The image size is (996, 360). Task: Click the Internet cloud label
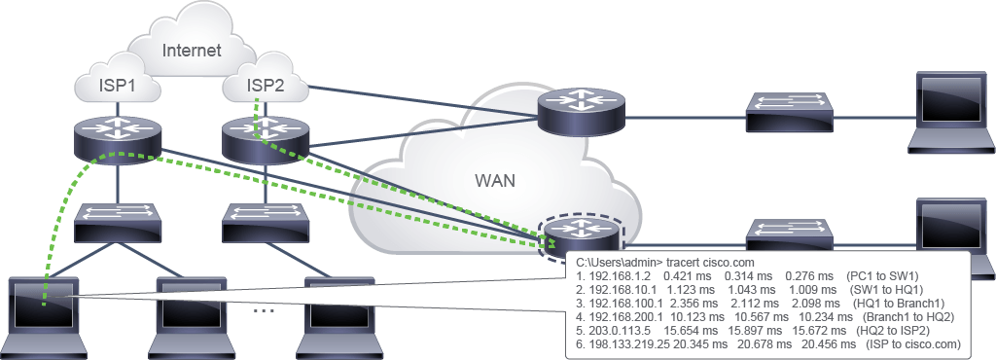(x=192, y=51)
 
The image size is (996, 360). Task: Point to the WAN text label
(x=495, y=181)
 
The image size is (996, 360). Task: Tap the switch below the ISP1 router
(x=117, y=222)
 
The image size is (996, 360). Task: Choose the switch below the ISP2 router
(x=266, y=222)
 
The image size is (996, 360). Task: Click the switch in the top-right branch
(x=790, y=113)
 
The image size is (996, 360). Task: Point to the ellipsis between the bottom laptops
(x=263, y=311)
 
